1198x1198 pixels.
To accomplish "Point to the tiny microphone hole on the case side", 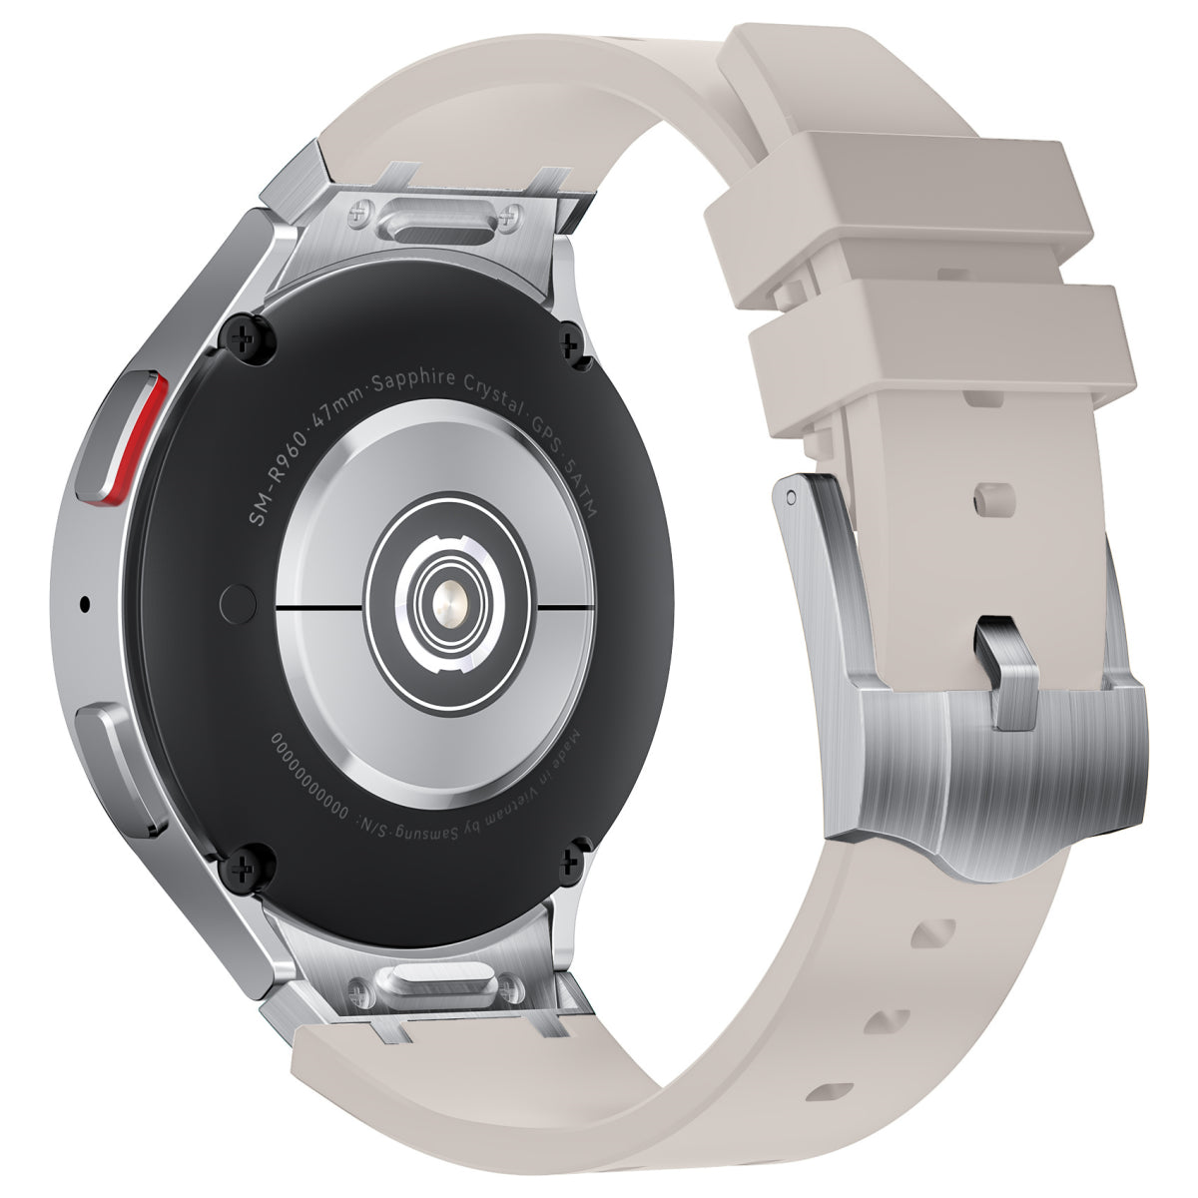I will (84, 603).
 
